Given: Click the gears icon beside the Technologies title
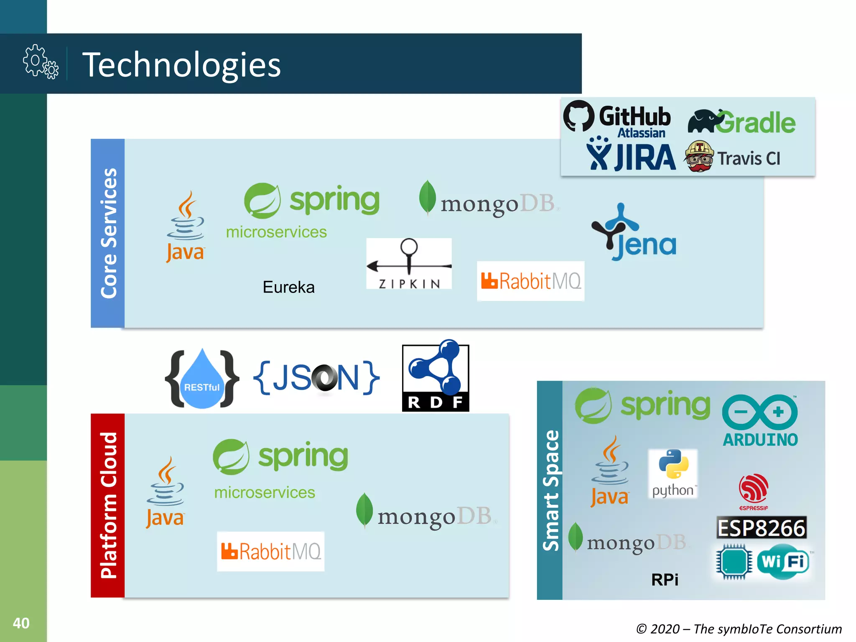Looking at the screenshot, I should click(41, 62).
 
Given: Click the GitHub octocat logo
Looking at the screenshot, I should click(578, 116).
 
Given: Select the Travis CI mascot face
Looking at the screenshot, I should click(699, 156).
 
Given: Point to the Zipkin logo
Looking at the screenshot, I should click(409, 263).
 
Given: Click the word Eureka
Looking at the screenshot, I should click(288, 288).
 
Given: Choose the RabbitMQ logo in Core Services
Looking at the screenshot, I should click(530, 281).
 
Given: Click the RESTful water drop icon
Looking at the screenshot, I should click(202, 380).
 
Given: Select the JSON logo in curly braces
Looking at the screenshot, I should click(316, 378).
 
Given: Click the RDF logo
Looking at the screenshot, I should click(436, 376).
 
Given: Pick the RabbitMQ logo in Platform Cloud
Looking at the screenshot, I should click(270, 551).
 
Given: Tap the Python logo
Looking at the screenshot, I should click(673, 473).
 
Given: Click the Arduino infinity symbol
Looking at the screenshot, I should click(759, 412).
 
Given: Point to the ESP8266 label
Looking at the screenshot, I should click(761, 528).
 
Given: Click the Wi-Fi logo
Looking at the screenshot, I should click(783, 562).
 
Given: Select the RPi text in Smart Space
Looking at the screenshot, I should click(665, 580).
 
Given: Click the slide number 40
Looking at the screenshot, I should click(21, 623).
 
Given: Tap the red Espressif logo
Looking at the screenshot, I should click(753, 489).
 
